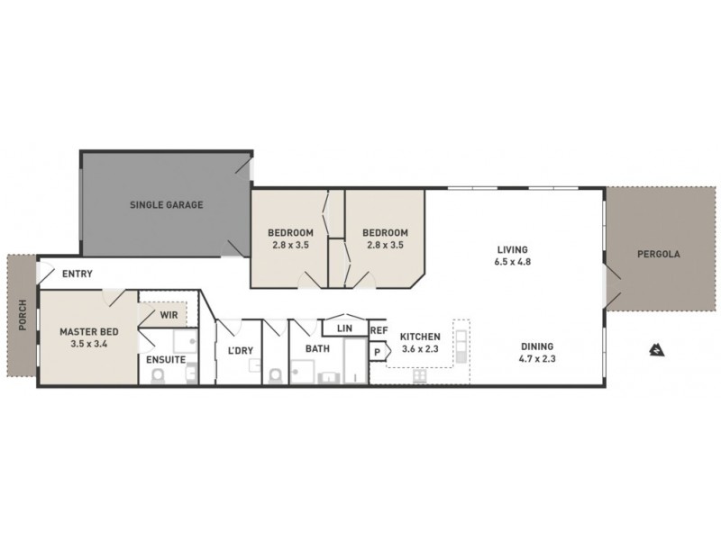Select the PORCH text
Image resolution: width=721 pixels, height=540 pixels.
21,316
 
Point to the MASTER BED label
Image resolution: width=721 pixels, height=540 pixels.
84,331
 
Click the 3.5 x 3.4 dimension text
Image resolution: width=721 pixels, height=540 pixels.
84,344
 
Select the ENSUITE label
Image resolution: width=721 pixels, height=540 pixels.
166,360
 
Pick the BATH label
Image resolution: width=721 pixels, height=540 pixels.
317,348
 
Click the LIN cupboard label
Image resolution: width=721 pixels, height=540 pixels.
344,328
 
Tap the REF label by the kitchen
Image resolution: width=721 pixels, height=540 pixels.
378,330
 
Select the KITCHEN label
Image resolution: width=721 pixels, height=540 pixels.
420,337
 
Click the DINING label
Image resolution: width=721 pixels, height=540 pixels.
537,346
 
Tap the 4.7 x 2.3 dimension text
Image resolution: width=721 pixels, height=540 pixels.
537,359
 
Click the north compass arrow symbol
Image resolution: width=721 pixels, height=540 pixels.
656,350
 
